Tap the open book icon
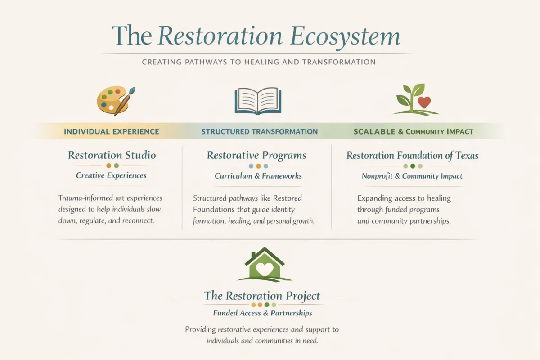coord(258,101)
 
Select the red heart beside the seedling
coord(424,103)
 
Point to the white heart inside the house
coord(264,269)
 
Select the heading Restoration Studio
coord(112,156)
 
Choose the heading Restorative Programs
coord(256,156)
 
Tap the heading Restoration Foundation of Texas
coord(412,156)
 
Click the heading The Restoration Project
coord(262,296)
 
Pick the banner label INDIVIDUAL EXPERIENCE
coord(112,132)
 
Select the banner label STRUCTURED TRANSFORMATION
coord(259,132)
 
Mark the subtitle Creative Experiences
coord(111,175)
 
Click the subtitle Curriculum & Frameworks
coord(258,176)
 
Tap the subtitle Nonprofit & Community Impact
coord(412,176)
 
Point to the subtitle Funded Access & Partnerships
coord(262,313)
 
